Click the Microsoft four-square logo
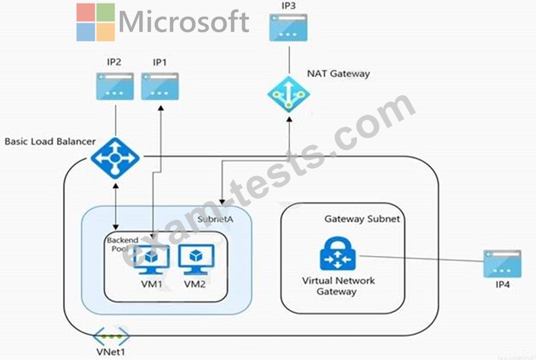point(95,22)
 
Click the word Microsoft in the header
point(184,22)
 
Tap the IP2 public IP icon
point(115,86)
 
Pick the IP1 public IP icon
point(160,86)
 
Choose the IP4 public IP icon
point(502,263)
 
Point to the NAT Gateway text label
point(338,74)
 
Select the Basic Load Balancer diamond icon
point(115,158)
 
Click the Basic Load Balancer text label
point(46,141)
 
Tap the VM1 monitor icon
point(151,259)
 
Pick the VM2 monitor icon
point(196,259)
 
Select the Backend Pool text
point(118,244)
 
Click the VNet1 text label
point(111,353)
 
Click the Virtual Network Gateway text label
point(338,286)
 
